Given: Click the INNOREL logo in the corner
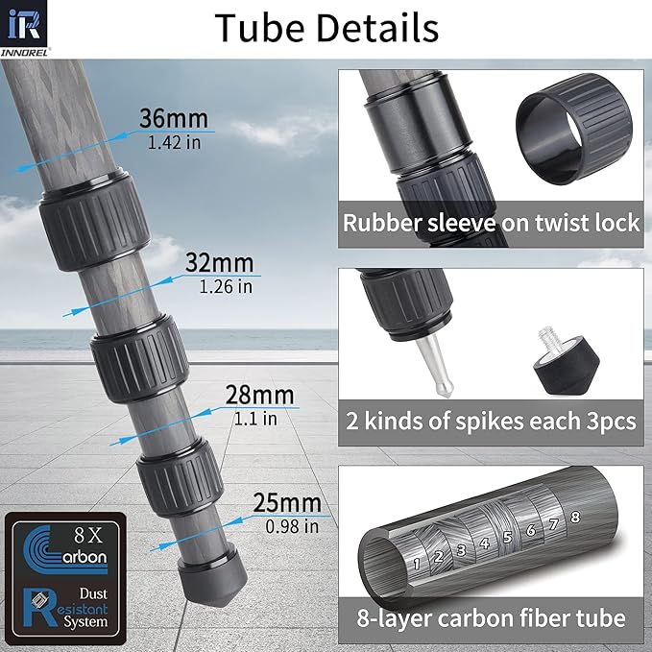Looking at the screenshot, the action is coord(24,28).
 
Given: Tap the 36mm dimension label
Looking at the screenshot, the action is coord(174,118).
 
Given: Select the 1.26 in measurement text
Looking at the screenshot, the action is coord(226,286).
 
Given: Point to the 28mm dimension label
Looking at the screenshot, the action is coord(259,395).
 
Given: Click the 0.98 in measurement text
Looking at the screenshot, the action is coord(292,526).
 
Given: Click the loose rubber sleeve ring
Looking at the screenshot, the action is coord(574,128).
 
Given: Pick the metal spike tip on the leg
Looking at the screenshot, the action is coord(435,364).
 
